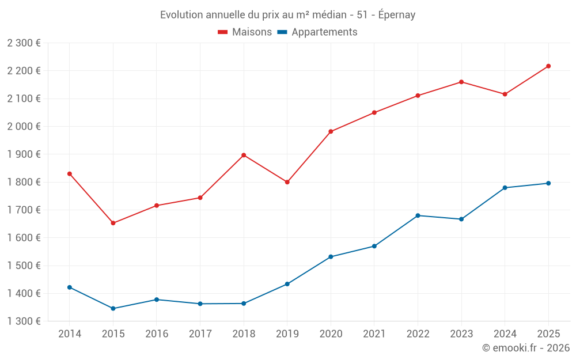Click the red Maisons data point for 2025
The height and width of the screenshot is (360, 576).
click(x=548, y=66)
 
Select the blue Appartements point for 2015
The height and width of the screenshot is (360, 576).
click(x=113, y=309)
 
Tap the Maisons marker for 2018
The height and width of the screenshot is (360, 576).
click(x=244, y=155)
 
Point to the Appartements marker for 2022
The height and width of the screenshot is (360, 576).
click(x=418, y=215)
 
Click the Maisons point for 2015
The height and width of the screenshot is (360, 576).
click(x=113, y=223)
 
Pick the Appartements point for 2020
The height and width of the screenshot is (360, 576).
click(x=331, y=257)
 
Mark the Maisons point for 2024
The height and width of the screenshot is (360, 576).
click(x=505, y=94)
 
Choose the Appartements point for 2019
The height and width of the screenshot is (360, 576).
click(x=287, y=284)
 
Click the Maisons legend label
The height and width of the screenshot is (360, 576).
click(x=252, y=32)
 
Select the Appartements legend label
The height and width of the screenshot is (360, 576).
click(x=324, y=32)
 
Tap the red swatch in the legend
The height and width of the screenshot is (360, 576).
click(x=223, y=32)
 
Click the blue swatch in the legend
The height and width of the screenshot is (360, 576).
click(x=282, y=32)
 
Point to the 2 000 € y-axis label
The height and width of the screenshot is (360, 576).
click(x=24, y=126)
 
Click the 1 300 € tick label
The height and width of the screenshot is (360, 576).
click(x=24, y=321)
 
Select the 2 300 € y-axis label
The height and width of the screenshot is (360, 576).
click(x=24, y=43)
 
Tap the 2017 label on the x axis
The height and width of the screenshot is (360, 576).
click(x=200, y=334)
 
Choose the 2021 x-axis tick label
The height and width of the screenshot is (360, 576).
click(x=374, y=334)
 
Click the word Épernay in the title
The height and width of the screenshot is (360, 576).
click(x=397, y=15)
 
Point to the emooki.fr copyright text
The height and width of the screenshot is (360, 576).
click(x=526, y=348)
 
